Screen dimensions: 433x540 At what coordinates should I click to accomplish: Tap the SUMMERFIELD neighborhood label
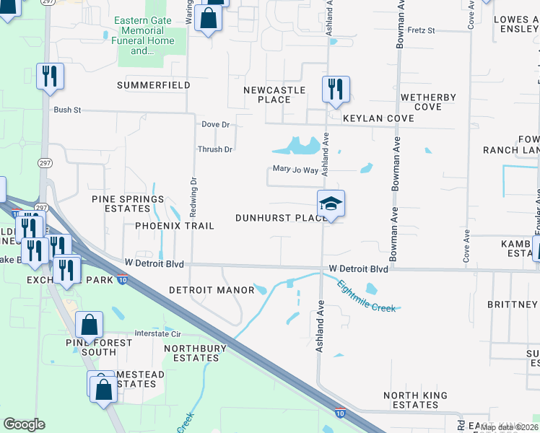(154, 85)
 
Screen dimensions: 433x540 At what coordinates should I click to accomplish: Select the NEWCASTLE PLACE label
(274, 95)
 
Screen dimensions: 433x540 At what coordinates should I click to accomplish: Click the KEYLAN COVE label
(378, 118)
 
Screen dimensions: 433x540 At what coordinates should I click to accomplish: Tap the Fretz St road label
(421, 31)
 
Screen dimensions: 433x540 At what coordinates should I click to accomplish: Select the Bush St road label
(67, 110)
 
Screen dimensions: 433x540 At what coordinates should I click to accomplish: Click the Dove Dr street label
(215, 124)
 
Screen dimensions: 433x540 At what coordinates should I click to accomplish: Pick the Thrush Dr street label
(215, 149)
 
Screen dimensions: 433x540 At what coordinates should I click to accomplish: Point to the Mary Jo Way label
(295, 170)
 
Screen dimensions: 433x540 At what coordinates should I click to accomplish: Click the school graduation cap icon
(331, 204)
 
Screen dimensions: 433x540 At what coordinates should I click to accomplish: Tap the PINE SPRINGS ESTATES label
(127, 204)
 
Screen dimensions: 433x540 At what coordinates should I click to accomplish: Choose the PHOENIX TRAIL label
(175, 226)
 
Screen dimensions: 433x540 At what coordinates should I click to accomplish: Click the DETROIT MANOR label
(211, 290)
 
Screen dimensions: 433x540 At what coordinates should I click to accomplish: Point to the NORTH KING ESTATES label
(415, 400)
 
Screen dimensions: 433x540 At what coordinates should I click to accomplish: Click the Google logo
(25, 424)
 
